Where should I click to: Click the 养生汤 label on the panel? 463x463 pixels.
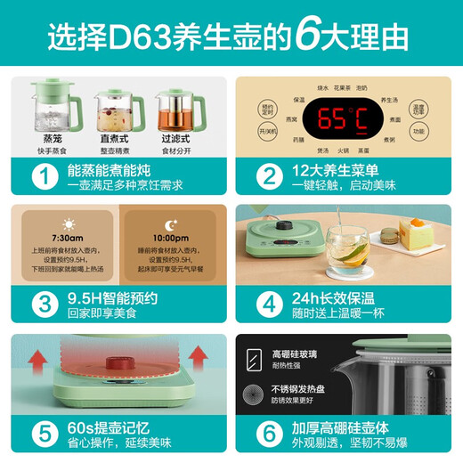[389, 100]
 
